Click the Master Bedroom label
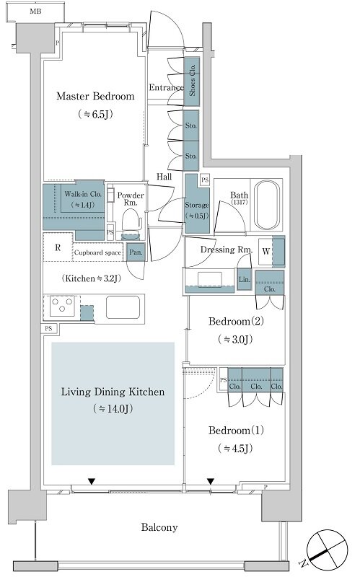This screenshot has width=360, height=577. coord(95,97)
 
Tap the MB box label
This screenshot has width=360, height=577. coord(35,12)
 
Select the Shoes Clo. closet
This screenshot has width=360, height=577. coord(191,82)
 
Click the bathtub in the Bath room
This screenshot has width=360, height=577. coord(266,205)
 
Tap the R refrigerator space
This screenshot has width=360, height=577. coord(58,247)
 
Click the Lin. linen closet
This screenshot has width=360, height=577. coord(244,280)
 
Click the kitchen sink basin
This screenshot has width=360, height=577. coord(123,307)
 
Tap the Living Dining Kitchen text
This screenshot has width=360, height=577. coord(113,392)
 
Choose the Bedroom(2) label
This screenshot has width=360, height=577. coord(236,321)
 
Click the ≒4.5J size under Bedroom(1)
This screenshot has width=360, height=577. coord(235,448)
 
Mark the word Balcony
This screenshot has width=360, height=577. coord(159,527)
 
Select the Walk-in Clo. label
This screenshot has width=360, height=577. coord(83,194)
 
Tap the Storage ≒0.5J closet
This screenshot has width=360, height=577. coord(196,204)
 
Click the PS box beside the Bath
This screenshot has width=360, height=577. coord(205,180)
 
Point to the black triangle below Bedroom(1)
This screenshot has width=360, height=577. coord(211,481)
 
